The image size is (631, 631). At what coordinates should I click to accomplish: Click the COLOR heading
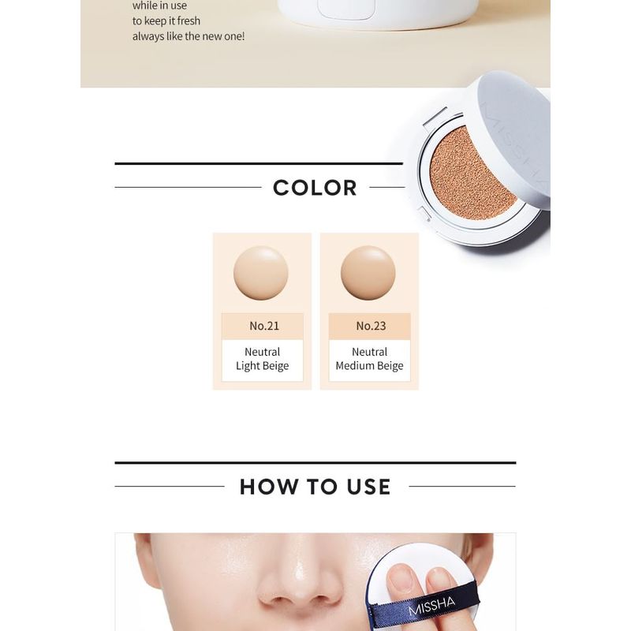(x=315, y=188)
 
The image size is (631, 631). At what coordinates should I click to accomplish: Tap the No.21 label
(x=263, y=326)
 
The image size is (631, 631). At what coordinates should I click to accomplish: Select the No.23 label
(x=370, y=326)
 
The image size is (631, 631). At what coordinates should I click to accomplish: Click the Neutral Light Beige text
(x=263, y=359)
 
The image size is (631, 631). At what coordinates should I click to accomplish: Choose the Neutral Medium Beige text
(x=369, y=359)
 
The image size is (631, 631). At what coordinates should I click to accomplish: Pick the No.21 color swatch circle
(x=261, y=273)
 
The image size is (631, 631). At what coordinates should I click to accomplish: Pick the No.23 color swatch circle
(x=368, y=273)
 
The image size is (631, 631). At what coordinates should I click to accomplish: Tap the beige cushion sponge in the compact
(x=472, y=170)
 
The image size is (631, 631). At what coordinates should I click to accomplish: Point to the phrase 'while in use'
(x=160, y=6)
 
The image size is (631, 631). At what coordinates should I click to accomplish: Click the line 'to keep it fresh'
(x=166, y=21)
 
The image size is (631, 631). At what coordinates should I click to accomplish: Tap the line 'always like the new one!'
(x=189, y=36)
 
